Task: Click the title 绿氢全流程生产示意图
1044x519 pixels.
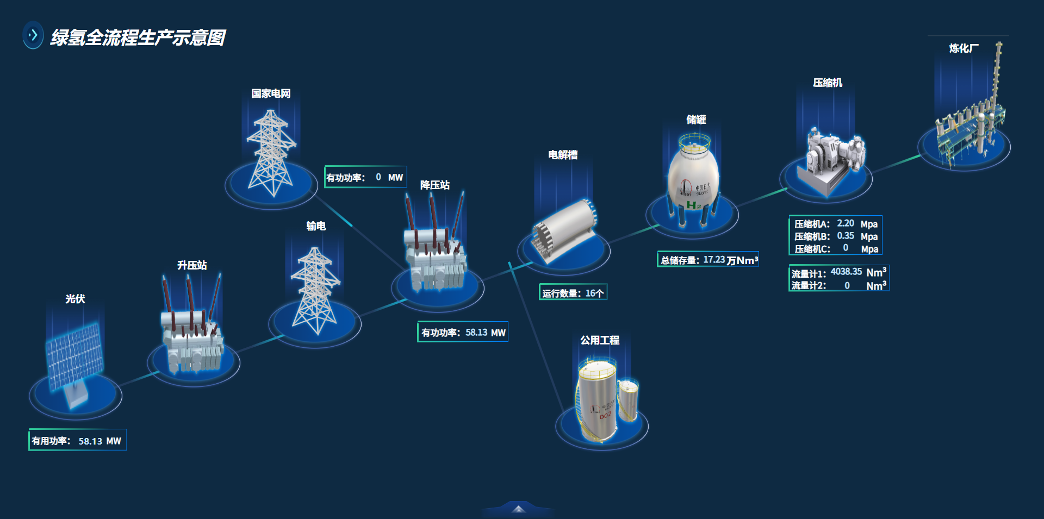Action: [x=138, y=37]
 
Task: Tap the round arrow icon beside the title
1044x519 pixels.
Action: [x=33, y=35]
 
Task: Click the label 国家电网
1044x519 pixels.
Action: [x=271, y=93]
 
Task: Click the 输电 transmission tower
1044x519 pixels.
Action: [x=315, y=291]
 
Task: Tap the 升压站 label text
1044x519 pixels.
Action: [x=192, y=265]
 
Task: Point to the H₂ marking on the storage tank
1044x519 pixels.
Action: [x=693, y=205]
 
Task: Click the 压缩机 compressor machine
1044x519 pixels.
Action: [x=832, y=158]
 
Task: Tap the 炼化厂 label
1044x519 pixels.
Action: [x=964, y=48]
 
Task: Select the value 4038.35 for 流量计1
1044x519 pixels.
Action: [x=846, y=272]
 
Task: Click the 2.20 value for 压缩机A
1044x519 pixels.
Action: [x=845, y=223]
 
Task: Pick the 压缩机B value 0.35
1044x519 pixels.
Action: [x=845, y=236]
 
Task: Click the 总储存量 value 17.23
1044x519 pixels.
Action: [x=714, y=260]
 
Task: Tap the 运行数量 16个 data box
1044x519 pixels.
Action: [x=573, y=293]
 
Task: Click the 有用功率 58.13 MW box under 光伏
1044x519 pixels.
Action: [x=77, y=441]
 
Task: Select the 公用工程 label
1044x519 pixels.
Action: [x=600, y=340]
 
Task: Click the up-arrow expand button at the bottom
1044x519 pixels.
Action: [x=519, y=509]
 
